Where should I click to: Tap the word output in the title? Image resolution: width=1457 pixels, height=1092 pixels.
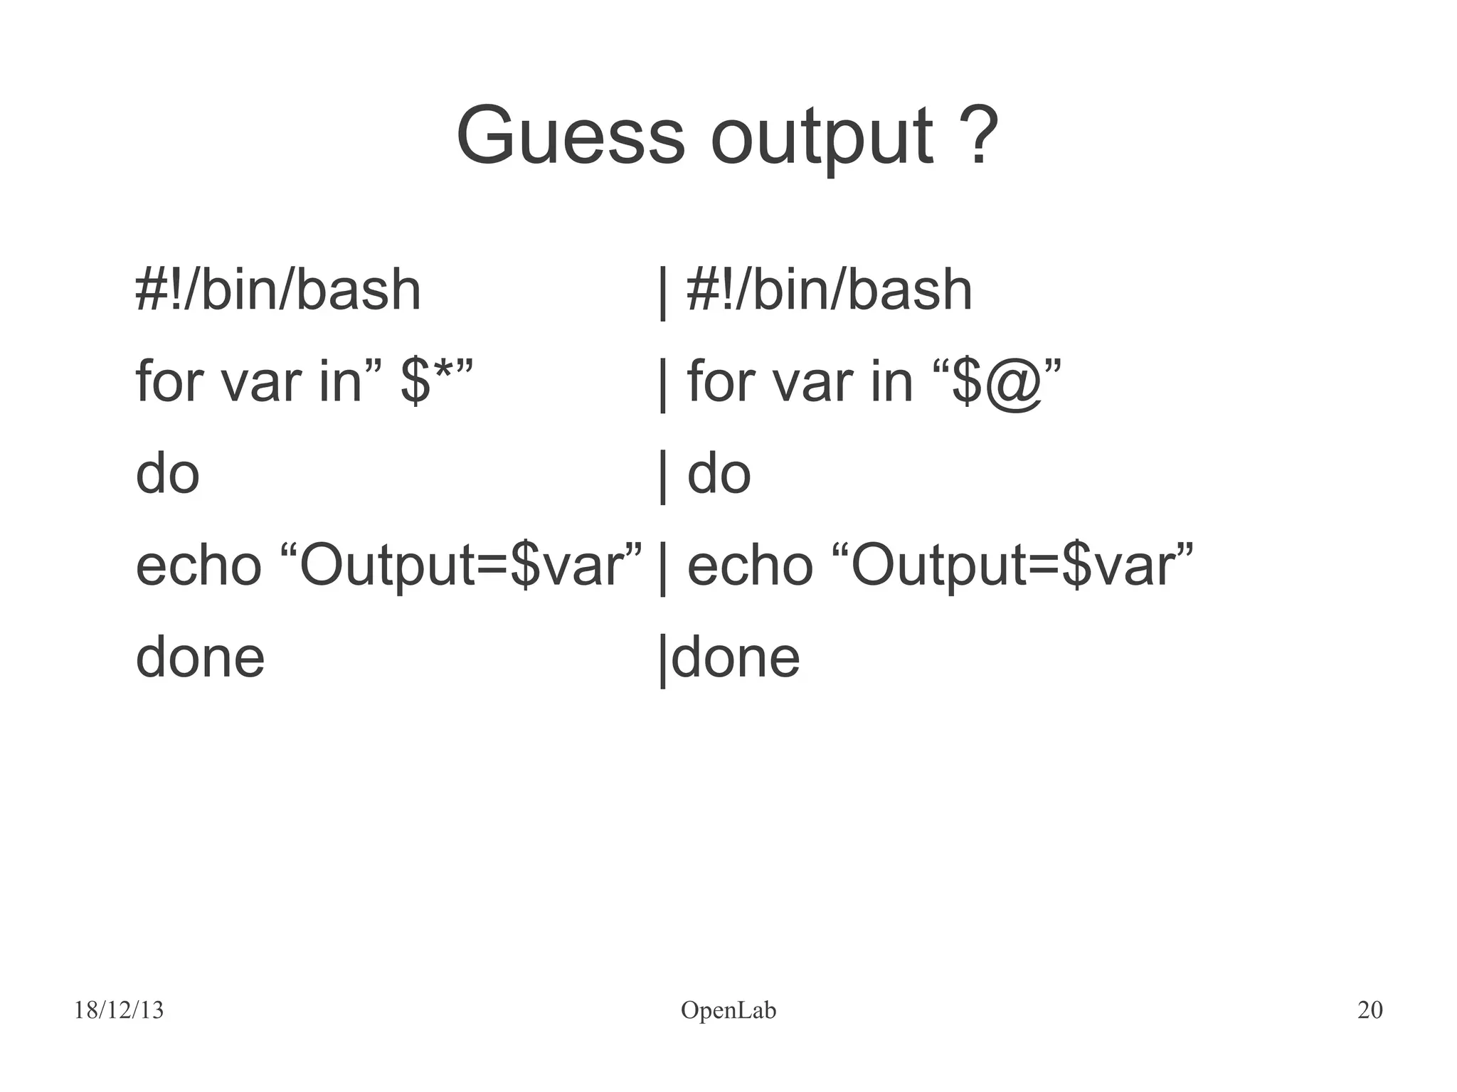822,137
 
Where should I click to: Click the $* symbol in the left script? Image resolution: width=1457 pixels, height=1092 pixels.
428,382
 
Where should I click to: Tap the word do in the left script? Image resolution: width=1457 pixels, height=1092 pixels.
168,474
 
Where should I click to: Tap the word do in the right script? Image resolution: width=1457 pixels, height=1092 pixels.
719,474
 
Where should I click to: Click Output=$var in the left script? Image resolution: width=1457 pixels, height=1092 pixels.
462,567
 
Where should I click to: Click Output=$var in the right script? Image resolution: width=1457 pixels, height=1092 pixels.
1014,567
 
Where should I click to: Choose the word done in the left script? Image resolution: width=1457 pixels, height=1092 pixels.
200,657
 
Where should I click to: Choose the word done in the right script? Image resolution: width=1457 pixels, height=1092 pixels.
736,657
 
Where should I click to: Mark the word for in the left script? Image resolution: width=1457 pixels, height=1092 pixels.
170,382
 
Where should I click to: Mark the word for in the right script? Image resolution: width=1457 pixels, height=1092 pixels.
721,382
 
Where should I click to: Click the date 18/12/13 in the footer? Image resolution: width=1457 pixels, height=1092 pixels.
119,1010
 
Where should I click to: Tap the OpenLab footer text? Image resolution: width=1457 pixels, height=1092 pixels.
728,1010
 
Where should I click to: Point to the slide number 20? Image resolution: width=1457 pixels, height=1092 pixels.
1369,1010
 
